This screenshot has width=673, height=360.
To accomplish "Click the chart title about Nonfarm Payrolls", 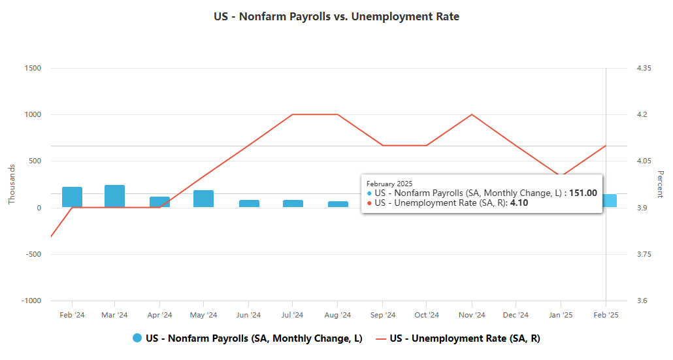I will pyautogui.click(x=336, y=16).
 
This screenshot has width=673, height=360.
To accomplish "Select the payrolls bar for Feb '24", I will pyautogui.click(x=72, y=197).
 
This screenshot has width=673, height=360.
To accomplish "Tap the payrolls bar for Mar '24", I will pyautogui.click(x=114, y=196).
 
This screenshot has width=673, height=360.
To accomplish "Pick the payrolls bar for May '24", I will pyautogui.click(x=203, y=199).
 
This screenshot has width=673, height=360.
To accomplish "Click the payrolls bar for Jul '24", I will pyautogui.click(x=293, y=204).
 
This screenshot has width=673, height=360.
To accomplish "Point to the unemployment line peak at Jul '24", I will pyautogui.click(x=293, y=114).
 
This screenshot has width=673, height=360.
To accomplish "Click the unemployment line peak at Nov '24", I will pyautogui.click(x=471, y=114).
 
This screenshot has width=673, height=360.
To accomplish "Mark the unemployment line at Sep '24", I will pyautogui.click(x=382, y=145).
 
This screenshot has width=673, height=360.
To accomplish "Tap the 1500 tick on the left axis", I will pyautogui.click(x=33, y=68).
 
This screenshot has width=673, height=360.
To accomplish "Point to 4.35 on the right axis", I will pyautogui.click(x=644, y=68).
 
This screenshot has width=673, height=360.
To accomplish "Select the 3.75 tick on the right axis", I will pyautogui.click(x=644, y=254).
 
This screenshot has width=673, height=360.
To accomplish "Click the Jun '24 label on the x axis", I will pyautogui.click(x=248, y=315).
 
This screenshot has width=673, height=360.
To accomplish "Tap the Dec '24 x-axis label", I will pyautogui.click(x=516, y=315).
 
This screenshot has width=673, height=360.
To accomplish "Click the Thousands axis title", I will pyautogui.click(x=11, y=184).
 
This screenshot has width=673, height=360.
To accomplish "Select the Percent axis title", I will pyautogui.click(x=660, y=184).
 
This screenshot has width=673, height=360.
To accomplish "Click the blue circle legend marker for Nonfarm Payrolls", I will pyautogui.click(x=137, y=338).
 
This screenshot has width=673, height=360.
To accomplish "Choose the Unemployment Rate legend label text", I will pyautogui.click(x=465, y=338).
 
